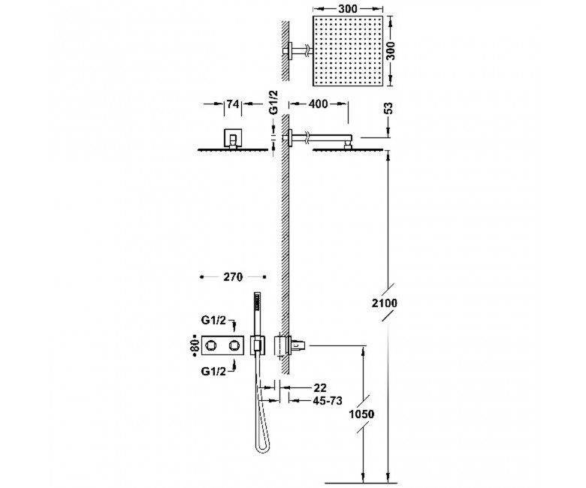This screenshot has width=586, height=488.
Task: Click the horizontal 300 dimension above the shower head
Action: pyautogui.click(x=348, y=8)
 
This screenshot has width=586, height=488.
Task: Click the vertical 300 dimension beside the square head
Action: pyautogui.click(x=390, y=51)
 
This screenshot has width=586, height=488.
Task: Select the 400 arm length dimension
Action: pyautogui.click(x=318, y=104)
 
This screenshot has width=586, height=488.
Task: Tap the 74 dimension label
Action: pyautogui.click(x=232, y=104)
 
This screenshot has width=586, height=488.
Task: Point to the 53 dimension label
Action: pyautogui.click(x=388, y=109)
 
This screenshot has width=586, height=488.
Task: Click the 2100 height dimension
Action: pyautogui.click(x=384, y=303)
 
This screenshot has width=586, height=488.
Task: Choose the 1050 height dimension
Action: pyautogui.click(x=361, y=414)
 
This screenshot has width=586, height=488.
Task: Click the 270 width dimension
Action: pyautogui.click(x=233, y=277)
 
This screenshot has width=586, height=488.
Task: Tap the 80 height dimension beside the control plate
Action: pyautogui.click(x=195, y=346)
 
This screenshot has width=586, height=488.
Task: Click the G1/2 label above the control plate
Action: pyautogui.click(x=213, y=321)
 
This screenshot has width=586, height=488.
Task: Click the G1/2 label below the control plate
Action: pyautogui.click(x=213, y=371)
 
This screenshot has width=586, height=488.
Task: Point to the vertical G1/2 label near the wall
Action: pyautogui.click(x=274, y=104)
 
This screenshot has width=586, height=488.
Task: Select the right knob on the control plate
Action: pyautogui.click(x=235, y=345)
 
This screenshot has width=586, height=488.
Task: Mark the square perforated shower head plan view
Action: pyautogui.click(x=348, y=51)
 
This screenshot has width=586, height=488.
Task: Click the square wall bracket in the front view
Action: pyautogui.click(x=232, y=138)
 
